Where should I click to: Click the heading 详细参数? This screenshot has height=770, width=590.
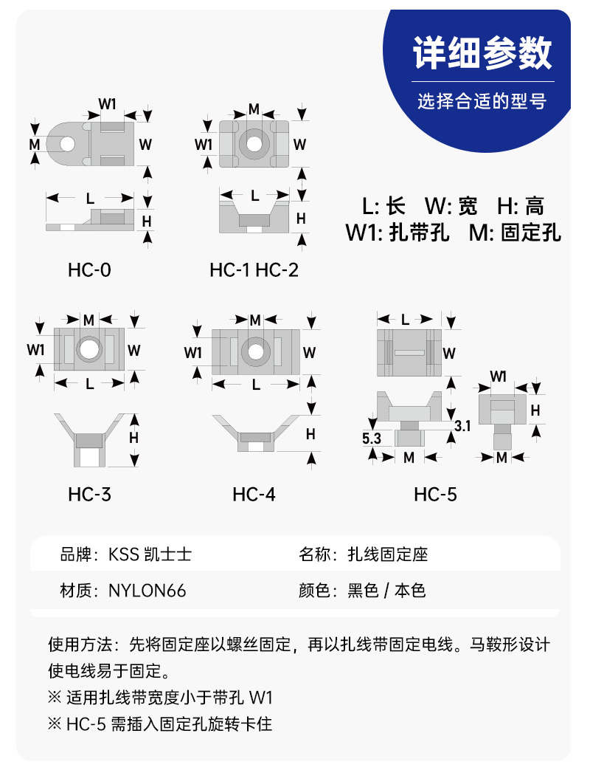[x=482, y=52]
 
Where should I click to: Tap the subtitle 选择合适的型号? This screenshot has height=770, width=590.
[x=482, y=101]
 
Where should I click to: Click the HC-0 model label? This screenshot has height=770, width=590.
[x=90, y=270]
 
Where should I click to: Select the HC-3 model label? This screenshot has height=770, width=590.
[x=90, y=495]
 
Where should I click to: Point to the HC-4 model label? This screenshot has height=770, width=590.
[x=254, y=495]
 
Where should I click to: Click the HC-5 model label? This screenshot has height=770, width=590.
[x=436, y=495]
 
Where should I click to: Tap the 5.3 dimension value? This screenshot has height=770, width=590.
[x=371, y=438]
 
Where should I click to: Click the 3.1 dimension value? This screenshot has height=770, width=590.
[x=462, y=426]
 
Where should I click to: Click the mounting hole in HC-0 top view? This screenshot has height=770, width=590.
[x=67, y=144]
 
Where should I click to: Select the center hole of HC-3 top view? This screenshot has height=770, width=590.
[x=88, y=349]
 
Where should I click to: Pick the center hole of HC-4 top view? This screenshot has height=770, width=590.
[x=255, y=351]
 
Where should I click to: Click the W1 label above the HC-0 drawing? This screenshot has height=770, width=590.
[x=108, y=104]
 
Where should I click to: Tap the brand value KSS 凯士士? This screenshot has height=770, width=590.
[x=150, y=554]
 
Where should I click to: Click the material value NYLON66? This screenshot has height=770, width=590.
[x=147, y=591]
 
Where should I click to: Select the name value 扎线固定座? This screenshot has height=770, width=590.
[x=387, y=554]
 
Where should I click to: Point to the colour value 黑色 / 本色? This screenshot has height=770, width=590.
[x=386, y=591]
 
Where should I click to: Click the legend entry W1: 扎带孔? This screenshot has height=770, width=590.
[x=398, y=233]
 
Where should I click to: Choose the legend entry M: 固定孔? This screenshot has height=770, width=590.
[x=515, y=233]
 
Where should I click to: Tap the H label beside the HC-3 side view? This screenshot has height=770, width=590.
[x=133, y=438]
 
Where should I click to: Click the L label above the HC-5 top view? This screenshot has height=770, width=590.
[x=405, y=320]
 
